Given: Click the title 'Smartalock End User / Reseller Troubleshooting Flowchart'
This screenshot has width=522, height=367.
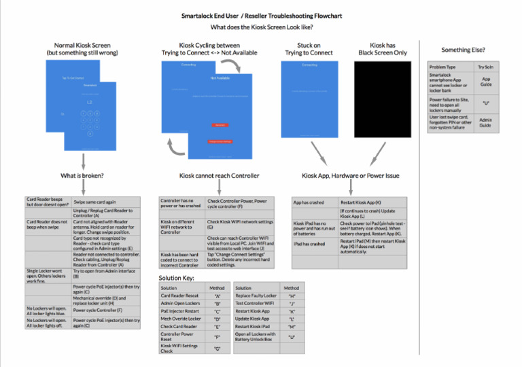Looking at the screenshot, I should [x=262, y=14].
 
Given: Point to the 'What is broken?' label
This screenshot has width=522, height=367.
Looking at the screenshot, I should [x=83, y=176].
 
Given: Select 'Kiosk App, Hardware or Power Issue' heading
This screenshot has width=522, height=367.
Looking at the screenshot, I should [x=350, y=176].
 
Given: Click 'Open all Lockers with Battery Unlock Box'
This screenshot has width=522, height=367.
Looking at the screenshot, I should [x=256, y=337].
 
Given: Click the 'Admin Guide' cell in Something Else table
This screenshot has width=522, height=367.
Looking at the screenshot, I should [x=486, y=123].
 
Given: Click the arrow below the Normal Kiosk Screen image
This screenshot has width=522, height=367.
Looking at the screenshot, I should [x=83, y=161].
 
